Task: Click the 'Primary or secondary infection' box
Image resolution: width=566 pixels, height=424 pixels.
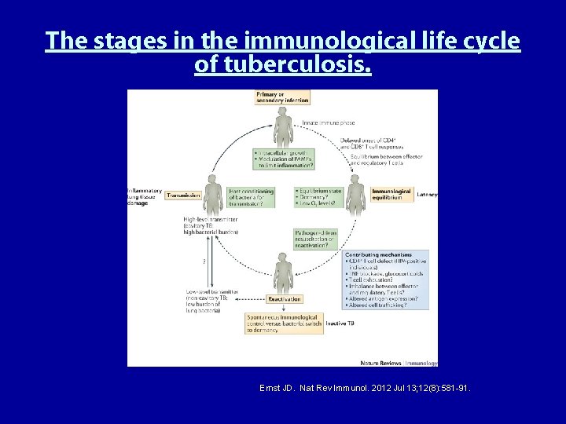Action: (x=282, y=97)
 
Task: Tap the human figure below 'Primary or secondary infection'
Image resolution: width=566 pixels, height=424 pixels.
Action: (x=282, y=126)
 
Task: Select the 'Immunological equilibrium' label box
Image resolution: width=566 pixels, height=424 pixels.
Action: (x=391, y=194)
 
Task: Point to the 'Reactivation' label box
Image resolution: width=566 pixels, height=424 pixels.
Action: (x=284, y=299)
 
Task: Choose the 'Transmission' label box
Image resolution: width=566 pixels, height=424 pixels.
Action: (x=183, y=195)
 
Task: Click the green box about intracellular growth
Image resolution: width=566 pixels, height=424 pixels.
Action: (x=284, y=159)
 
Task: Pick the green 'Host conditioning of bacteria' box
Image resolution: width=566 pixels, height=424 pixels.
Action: (x=251, y=196)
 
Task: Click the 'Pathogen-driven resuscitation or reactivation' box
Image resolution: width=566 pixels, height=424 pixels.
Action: (x=318, y=239)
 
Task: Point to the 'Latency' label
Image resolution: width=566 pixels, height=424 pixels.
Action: (x=428, y=194)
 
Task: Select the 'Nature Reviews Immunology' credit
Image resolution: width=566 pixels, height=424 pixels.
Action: (x=399, y=363)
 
